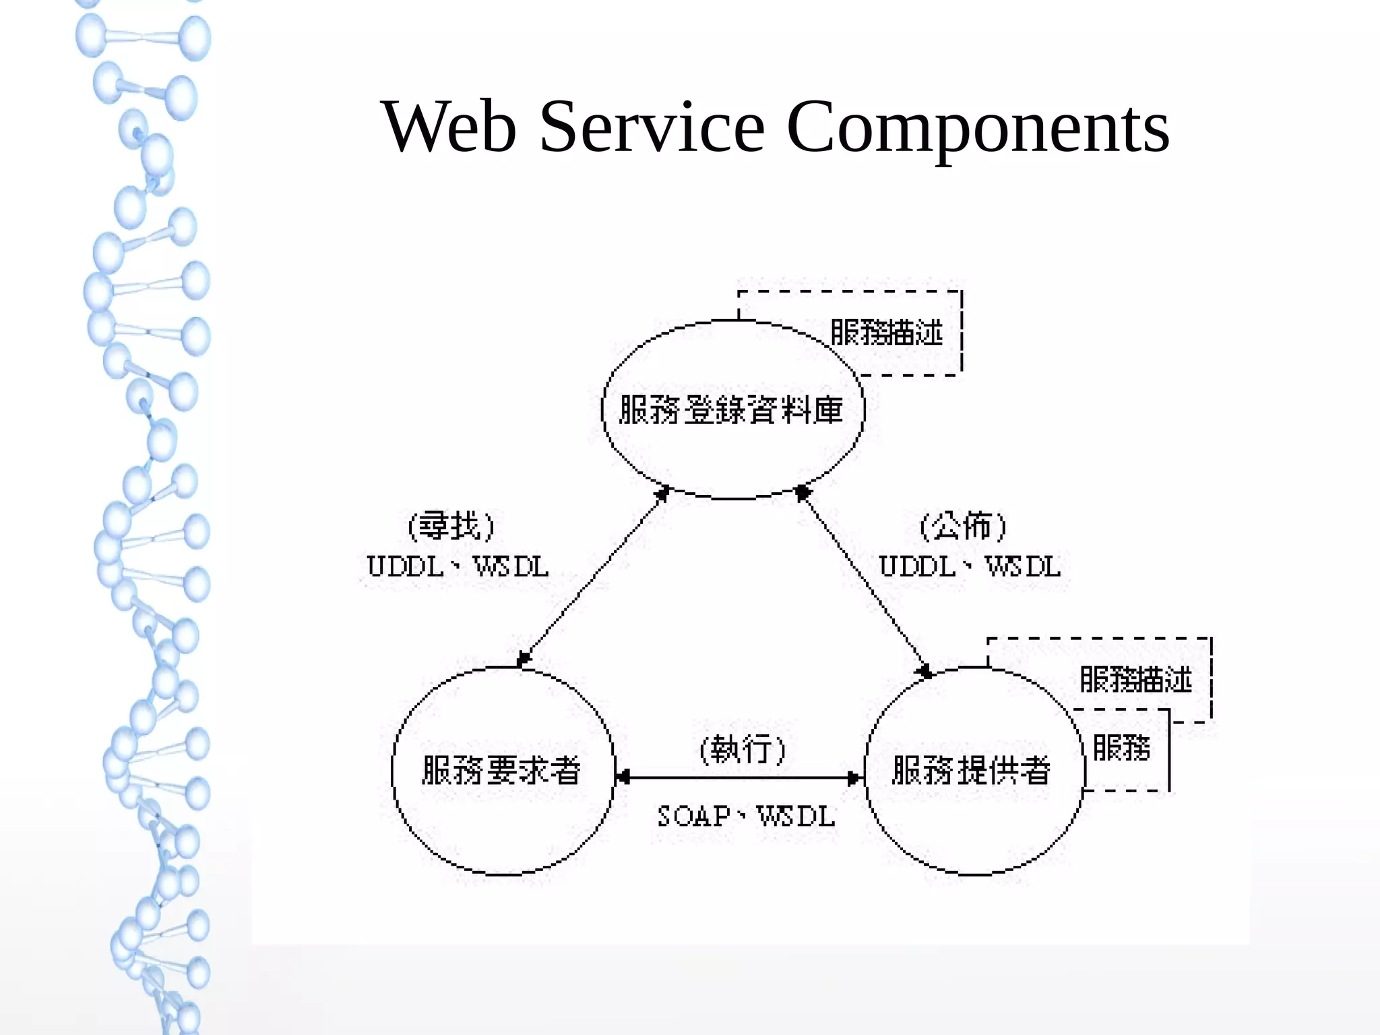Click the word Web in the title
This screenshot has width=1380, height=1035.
449,127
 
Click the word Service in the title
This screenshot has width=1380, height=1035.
652,127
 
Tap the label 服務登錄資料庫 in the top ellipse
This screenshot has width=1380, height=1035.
731,410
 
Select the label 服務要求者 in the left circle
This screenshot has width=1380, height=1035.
501,770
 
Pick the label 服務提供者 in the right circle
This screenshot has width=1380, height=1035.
971,770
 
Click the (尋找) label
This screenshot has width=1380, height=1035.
451,526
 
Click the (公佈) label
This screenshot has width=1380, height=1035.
964,526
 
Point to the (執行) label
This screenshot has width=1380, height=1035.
743,749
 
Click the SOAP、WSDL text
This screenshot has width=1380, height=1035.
746,817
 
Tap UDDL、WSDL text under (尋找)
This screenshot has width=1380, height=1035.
458,566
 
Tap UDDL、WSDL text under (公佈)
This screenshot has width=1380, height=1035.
970,566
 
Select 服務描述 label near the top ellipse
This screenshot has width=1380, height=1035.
886,332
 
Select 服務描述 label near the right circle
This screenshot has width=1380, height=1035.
1136,679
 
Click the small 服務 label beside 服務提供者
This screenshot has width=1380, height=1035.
1121,748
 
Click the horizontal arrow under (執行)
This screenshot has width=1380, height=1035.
740,778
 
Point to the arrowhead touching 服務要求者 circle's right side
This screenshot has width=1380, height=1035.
623,778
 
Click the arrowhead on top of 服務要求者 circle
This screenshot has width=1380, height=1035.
524,658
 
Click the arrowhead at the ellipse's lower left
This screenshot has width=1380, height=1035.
662,494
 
